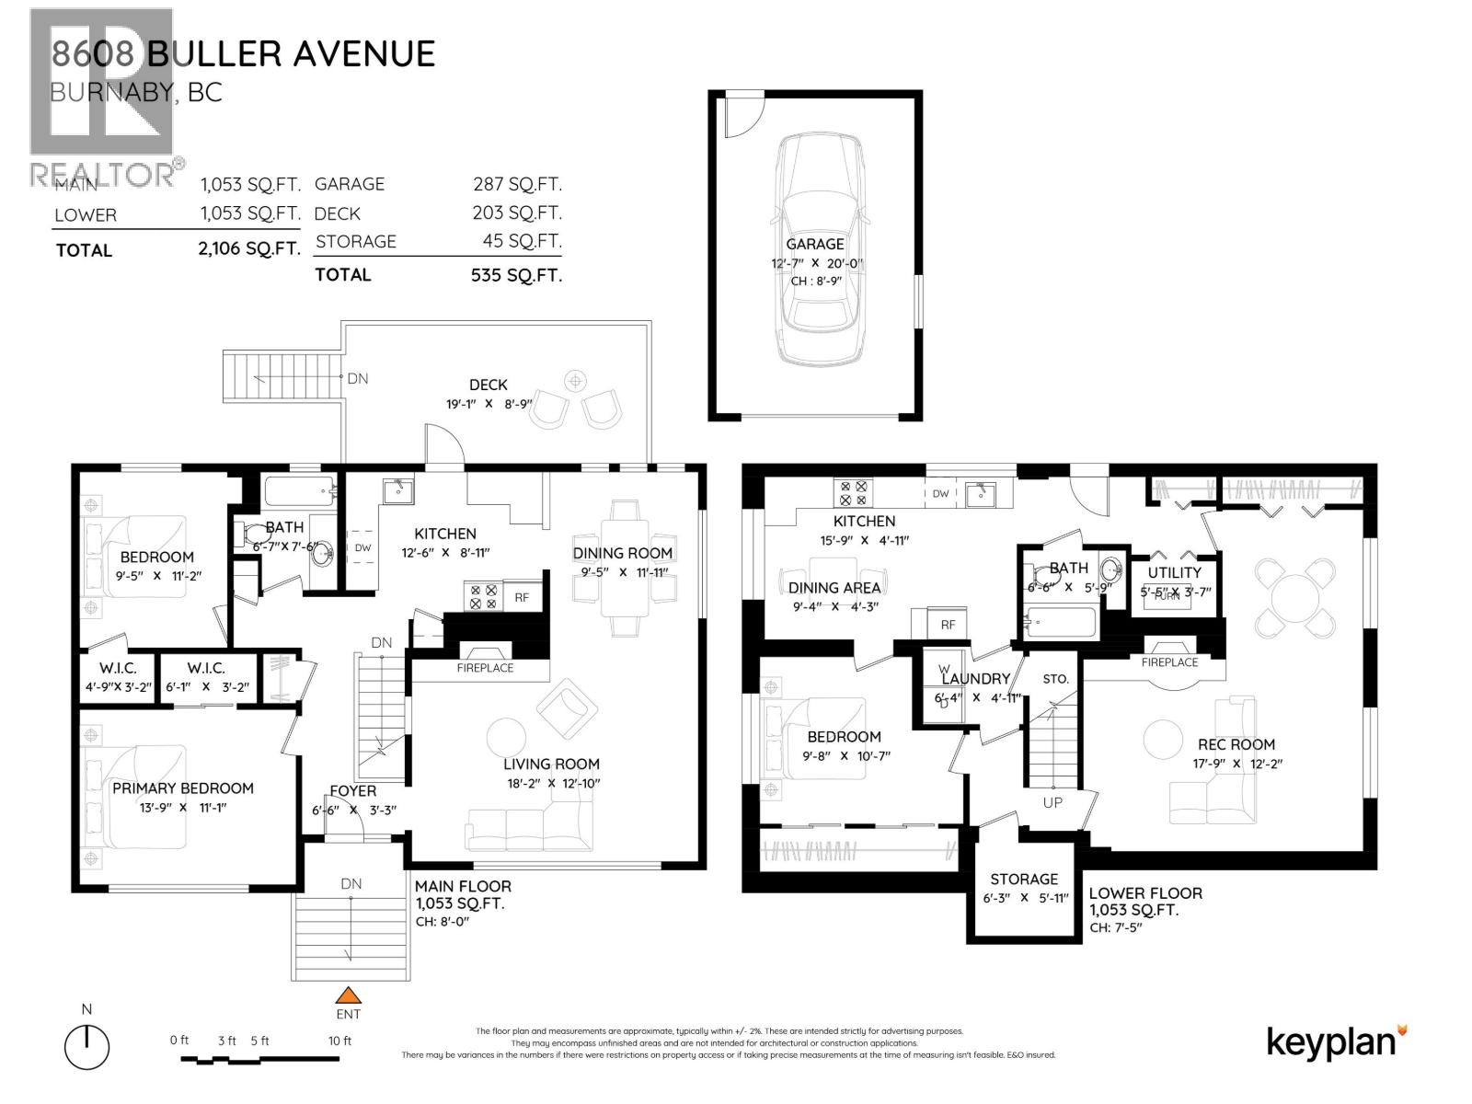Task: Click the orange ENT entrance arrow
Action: (348, 995)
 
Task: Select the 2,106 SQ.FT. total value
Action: (248, 248)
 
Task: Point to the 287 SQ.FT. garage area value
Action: (517, 184)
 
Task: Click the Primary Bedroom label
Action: (183, 788)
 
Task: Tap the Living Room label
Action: (551, 764)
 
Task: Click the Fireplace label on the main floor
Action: (485, 668)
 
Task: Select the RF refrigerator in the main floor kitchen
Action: (522, 597)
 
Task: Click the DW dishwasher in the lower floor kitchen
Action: (940, 494)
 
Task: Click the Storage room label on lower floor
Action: (1024, 879)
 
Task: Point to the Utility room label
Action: (1174, 572)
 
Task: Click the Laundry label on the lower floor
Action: (975, 678)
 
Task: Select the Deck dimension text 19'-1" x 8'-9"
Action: (489, 403)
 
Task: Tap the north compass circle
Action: (86, 1047)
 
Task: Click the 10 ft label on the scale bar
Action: (340, 1041)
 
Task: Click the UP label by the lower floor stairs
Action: (1052, 802)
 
